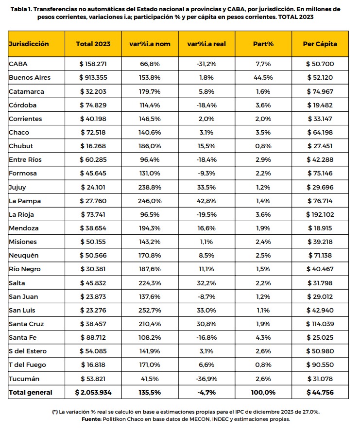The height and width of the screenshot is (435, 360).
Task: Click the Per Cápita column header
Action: pos(320,44)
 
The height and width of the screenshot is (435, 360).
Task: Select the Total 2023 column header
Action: pos(93,44)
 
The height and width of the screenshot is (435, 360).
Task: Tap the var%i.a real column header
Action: pos(206,44)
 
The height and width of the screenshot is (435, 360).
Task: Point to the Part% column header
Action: pos(264,44)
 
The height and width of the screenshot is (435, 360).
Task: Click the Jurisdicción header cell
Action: pos(29,44)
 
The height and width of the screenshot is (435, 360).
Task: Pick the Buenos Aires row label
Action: pos(30,77)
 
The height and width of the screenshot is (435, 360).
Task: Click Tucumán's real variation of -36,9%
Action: pos(206,379)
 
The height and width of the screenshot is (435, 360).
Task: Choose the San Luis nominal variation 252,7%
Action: pos(150,310)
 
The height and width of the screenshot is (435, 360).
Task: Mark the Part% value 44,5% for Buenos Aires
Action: pos(264,77)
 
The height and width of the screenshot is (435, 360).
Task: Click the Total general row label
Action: pos(31,392)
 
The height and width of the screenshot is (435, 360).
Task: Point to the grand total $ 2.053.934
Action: pos(93,392)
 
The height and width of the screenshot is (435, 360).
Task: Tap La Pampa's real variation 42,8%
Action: pos(206,201)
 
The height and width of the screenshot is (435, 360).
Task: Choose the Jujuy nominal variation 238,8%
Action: pos(150,187)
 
